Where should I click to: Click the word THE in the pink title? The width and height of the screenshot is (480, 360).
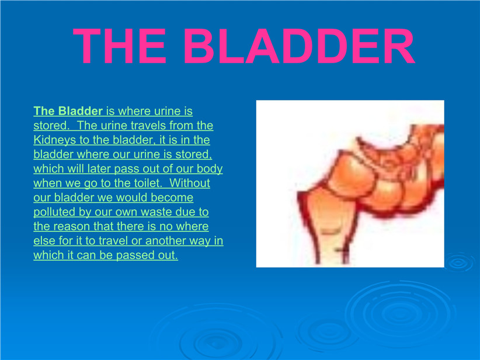pos(120,46)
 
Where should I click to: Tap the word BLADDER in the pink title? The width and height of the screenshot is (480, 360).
pos(299,46)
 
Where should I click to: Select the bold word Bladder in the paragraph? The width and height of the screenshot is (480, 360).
pos(80,111)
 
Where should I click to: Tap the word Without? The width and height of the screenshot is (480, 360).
pos(190,184)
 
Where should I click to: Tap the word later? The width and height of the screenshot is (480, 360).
pos(99,169)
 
